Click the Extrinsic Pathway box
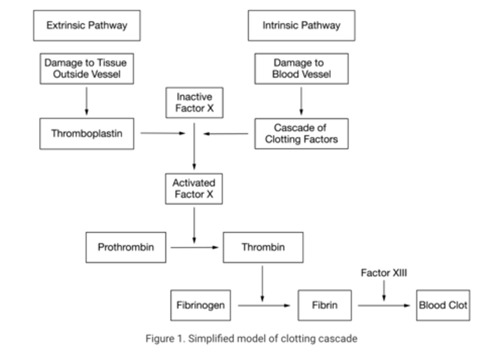[87, 26]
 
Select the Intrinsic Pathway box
[301, 26]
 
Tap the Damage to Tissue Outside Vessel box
[86, 69]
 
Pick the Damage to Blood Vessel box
[301, 69]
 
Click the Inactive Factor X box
[194, 103]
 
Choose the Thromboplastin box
[86, 134]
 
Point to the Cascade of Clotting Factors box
[301, 134]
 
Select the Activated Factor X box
[194, 189]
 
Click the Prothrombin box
[126, 247]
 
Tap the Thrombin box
[263, 247]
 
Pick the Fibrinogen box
[201, 305]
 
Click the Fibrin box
[324, 305]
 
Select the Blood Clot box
[443, 305]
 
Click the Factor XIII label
[384, 273]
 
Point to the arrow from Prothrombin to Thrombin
[194, 248]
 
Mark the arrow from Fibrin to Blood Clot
[384, 306]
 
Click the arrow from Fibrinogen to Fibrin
[264, 306]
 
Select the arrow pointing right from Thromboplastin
[162, 133]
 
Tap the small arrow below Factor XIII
[384, 291]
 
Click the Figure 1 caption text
[251, 339]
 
